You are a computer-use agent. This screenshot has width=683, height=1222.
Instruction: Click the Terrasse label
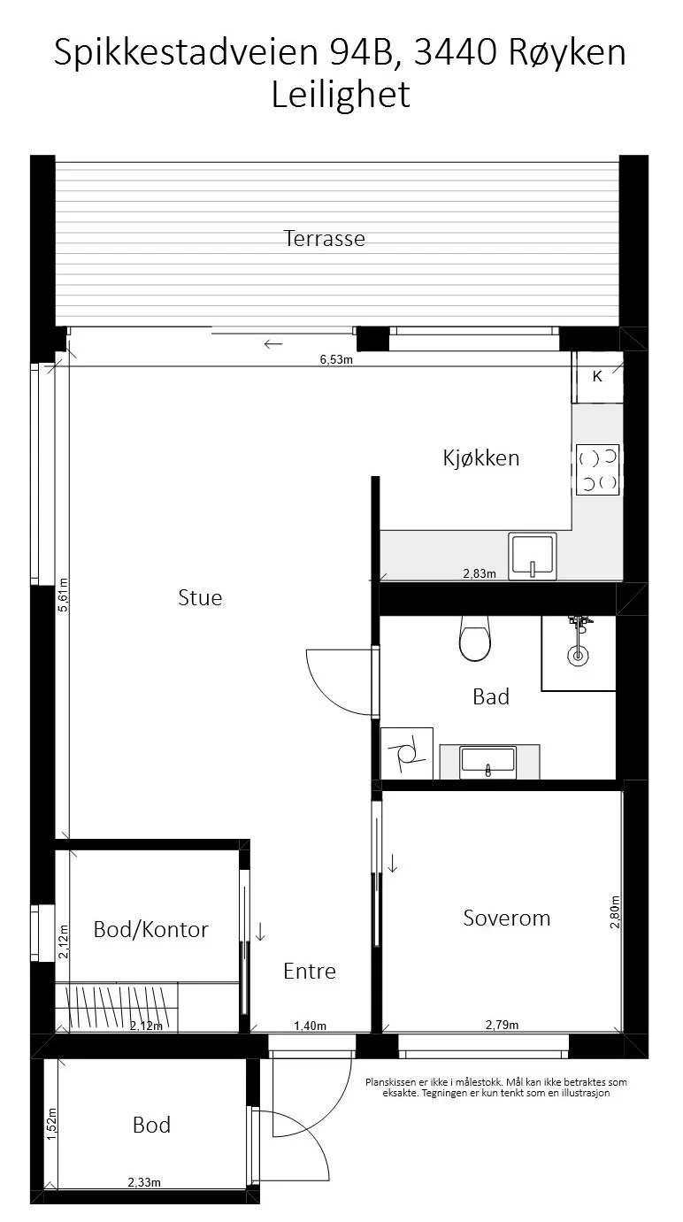coord(324,238)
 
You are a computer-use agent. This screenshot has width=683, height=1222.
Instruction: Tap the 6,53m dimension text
coord(336,359)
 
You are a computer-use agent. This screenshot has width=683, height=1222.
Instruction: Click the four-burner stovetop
coord(597,469)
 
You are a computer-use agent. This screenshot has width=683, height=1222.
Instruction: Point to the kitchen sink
coord(533,556)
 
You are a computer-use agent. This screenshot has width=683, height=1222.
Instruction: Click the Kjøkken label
coord(480,457)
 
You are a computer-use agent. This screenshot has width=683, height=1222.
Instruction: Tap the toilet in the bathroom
coord(474,638)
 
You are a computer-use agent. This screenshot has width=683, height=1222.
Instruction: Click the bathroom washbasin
coord(488,763)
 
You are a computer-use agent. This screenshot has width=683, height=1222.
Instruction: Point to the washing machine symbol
coord(407,753)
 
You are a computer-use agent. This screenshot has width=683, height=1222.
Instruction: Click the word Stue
coord(200,597)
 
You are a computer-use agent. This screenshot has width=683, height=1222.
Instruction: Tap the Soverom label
coord(507,918)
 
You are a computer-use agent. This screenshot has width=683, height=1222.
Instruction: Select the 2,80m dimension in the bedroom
coord(615,911)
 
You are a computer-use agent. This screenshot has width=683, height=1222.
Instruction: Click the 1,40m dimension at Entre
coord(310,1026)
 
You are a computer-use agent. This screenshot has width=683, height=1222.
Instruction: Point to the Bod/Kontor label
coord(151,930)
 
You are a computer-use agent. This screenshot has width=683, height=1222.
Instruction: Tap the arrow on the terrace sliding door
coord(273,344)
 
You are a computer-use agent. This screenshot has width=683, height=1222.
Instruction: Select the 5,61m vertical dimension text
coord(64,595)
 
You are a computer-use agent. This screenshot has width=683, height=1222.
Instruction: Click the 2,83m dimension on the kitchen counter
coord(480,573)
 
